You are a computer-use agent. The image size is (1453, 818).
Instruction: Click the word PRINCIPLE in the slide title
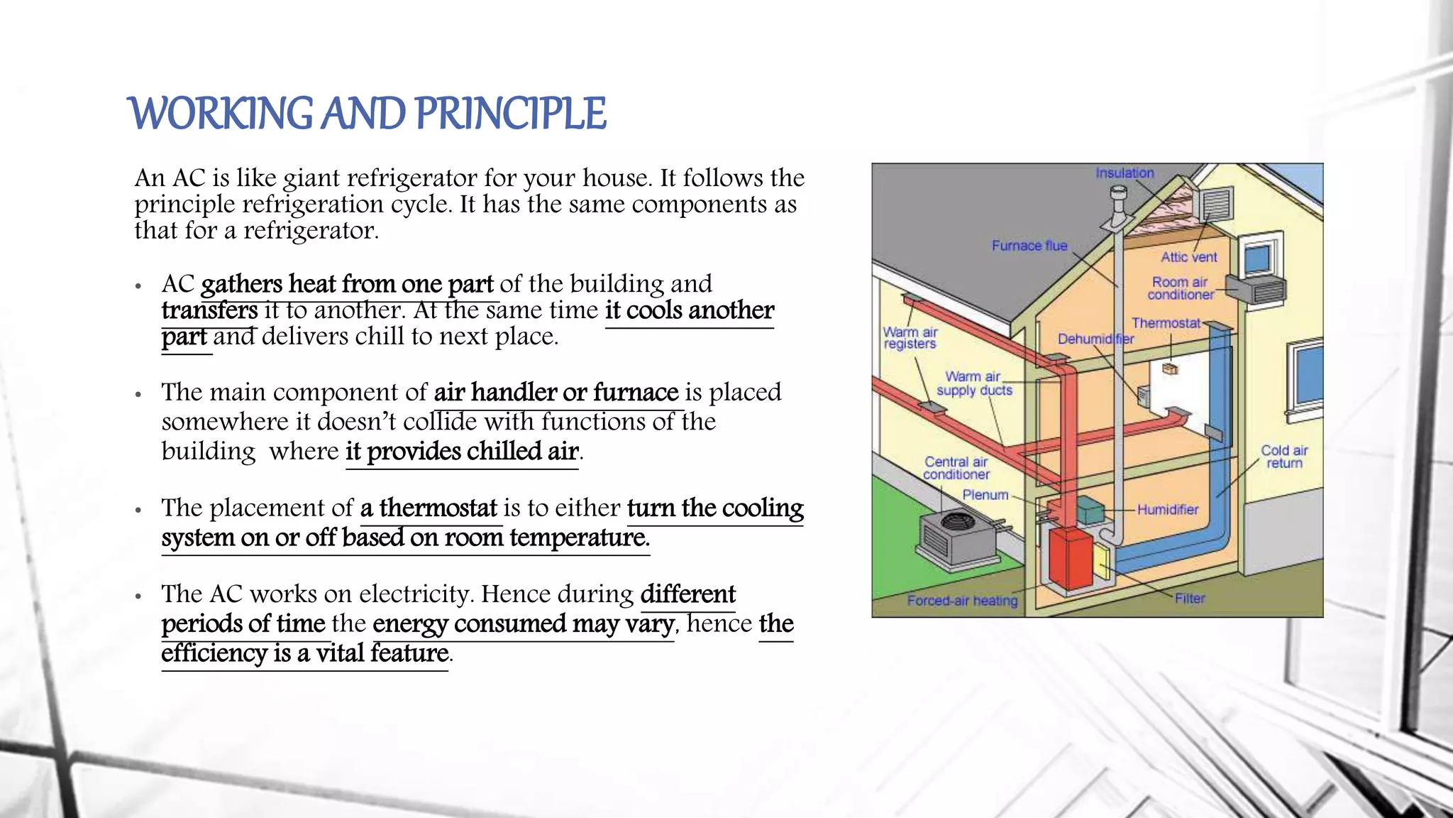(x=509, y=114)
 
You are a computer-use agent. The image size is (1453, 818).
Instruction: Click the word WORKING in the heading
(x=221, y=114)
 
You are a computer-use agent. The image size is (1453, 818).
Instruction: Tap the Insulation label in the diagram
(x=1125, y=173)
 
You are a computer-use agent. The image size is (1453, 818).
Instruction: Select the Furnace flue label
(x=1029, y=246)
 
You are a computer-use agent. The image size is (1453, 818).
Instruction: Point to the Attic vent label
(x=1189, y=257)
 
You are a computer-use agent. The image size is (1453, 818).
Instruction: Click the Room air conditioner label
(x=1180, y=288)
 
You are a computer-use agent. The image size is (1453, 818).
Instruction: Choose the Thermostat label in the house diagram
(x=1166, y=323)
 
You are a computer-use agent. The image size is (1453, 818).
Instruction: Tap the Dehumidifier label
(x=1095, y=339)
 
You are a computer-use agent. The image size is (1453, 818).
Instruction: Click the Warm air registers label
(x=910, y=338)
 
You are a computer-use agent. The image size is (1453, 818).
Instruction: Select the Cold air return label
(x=1284, y=457)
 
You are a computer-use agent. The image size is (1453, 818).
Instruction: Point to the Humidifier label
(x=1167, y=509)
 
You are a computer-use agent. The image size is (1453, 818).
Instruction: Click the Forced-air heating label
(x=962, y=601)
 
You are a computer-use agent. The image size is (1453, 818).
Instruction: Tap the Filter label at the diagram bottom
(x=1190, y=599)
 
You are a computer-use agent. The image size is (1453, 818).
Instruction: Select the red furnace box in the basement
(x=1071, y=558)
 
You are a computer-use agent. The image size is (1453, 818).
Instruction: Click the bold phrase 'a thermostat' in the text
(x=429, y=508)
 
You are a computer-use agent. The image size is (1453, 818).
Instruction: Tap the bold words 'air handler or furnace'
(x=556, y=393)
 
